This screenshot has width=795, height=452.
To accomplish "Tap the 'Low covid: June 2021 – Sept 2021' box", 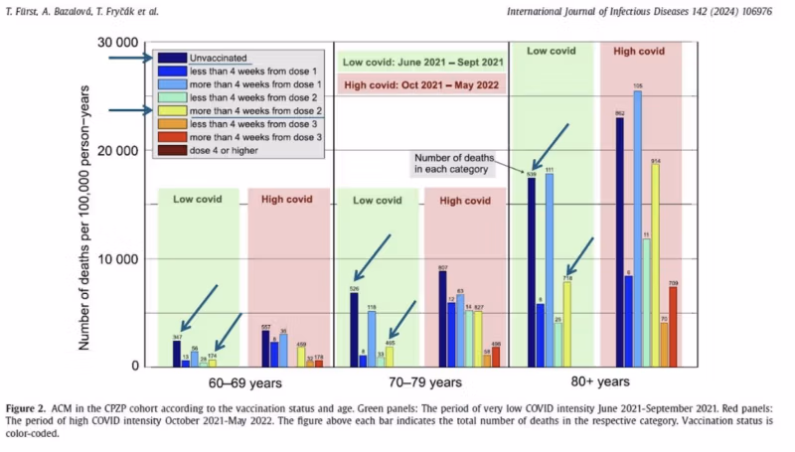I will pyautogui.click(x=422, y=62).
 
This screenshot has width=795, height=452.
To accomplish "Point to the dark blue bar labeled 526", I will pyautogui.click(x=354, y=329).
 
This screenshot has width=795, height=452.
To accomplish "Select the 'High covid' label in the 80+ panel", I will pyautogui.click(x=640, y=51).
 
